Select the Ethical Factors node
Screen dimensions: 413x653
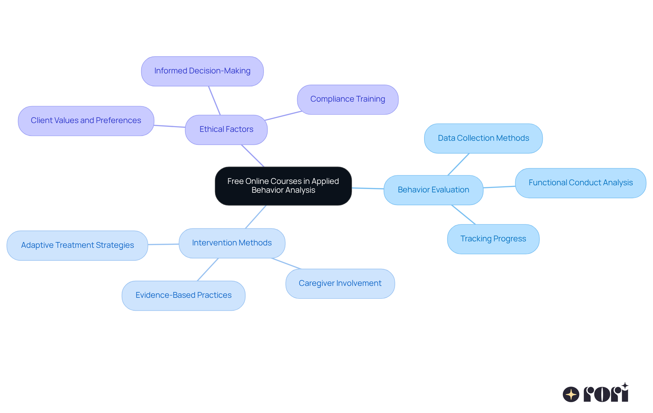tap(226, 130)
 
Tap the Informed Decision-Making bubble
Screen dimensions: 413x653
tap(202, 71)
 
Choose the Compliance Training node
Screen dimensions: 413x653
tap(347, 99)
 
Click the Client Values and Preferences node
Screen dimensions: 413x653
tap(86, 121)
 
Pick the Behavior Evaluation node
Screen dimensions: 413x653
tap(433, 190)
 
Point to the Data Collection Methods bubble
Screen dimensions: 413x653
tap(483, 138)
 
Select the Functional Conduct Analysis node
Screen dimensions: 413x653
tap(580, 183)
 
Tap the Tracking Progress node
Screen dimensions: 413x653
tap(493, 239)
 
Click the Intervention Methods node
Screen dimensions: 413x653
tap(232, 243)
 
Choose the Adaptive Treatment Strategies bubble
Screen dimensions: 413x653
tap(77, 245)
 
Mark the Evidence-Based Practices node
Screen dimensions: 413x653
tap(183, 295)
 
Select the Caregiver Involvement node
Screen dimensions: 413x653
tap(340, 283)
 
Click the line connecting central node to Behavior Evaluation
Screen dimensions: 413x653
tap(368, 188)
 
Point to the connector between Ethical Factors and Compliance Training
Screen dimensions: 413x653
tap(283, 116)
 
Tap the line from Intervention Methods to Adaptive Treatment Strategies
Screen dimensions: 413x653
tap(163, 244)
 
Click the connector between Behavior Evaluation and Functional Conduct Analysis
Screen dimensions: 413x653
tap(499, 187)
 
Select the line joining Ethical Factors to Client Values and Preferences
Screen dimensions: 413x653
tap(169, 126)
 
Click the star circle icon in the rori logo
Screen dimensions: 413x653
tap(571, 394)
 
